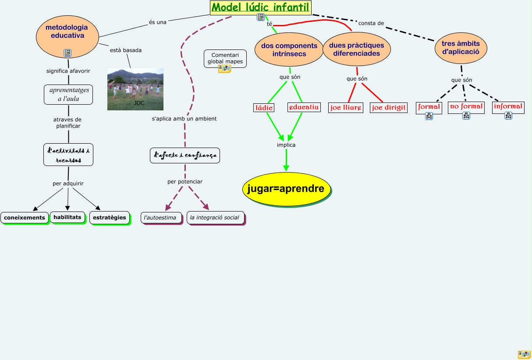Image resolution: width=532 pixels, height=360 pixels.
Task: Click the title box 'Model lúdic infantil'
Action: tap(260, 7)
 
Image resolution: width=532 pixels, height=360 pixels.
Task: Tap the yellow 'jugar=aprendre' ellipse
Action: tap(286, 189)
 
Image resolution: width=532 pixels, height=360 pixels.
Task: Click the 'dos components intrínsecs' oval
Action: tap(289, 49)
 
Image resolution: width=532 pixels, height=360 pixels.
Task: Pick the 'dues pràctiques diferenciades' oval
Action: tap(356, 49)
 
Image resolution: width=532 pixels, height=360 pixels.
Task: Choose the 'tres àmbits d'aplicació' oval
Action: tap(461, 47)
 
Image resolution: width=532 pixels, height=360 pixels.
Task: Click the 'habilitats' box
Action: tap(67, 217)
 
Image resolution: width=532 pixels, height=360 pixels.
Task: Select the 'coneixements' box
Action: tap(25, 218)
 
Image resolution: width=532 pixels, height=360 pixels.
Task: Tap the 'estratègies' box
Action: tap(110, 217)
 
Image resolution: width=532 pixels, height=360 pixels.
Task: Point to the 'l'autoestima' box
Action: tap(160, 218)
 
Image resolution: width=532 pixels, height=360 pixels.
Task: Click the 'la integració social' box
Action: tap(215, 218)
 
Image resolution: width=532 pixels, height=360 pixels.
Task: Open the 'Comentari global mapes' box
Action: tap(225, 58)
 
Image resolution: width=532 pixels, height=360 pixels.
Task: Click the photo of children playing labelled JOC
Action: tap(135, 89)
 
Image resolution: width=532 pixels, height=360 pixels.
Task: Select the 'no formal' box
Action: tap(466, 106)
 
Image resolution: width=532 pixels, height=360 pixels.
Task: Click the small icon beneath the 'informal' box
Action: tap(508, 116)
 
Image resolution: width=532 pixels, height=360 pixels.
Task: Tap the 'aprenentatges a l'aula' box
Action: tap(68, 94)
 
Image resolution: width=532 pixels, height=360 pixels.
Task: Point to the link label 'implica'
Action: tap(286, 145)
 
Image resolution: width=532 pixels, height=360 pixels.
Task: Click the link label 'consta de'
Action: tap(371, 23)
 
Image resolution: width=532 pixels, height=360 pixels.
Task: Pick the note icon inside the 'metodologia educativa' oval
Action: tap(67, 53)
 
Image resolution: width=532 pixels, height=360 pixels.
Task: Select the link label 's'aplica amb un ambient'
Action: tap(184, 119)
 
